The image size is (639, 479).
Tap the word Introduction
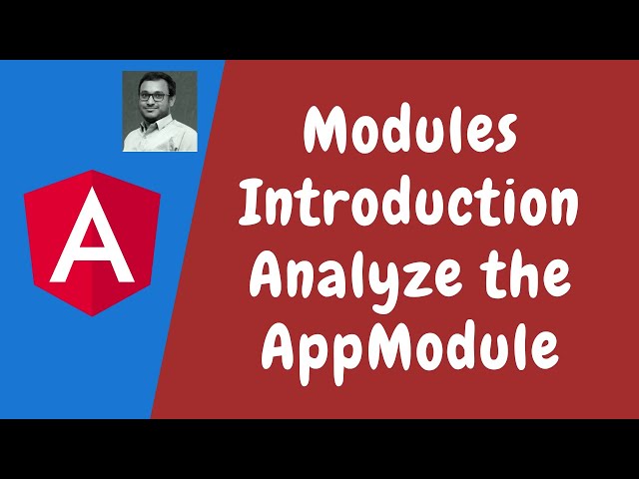411,204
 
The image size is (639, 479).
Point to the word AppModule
412,346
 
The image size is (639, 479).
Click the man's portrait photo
160,111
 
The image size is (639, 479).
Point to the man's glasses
158,101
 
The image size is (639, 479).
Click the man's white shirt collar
159,131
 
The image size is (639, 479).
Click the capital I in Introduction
256,204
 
